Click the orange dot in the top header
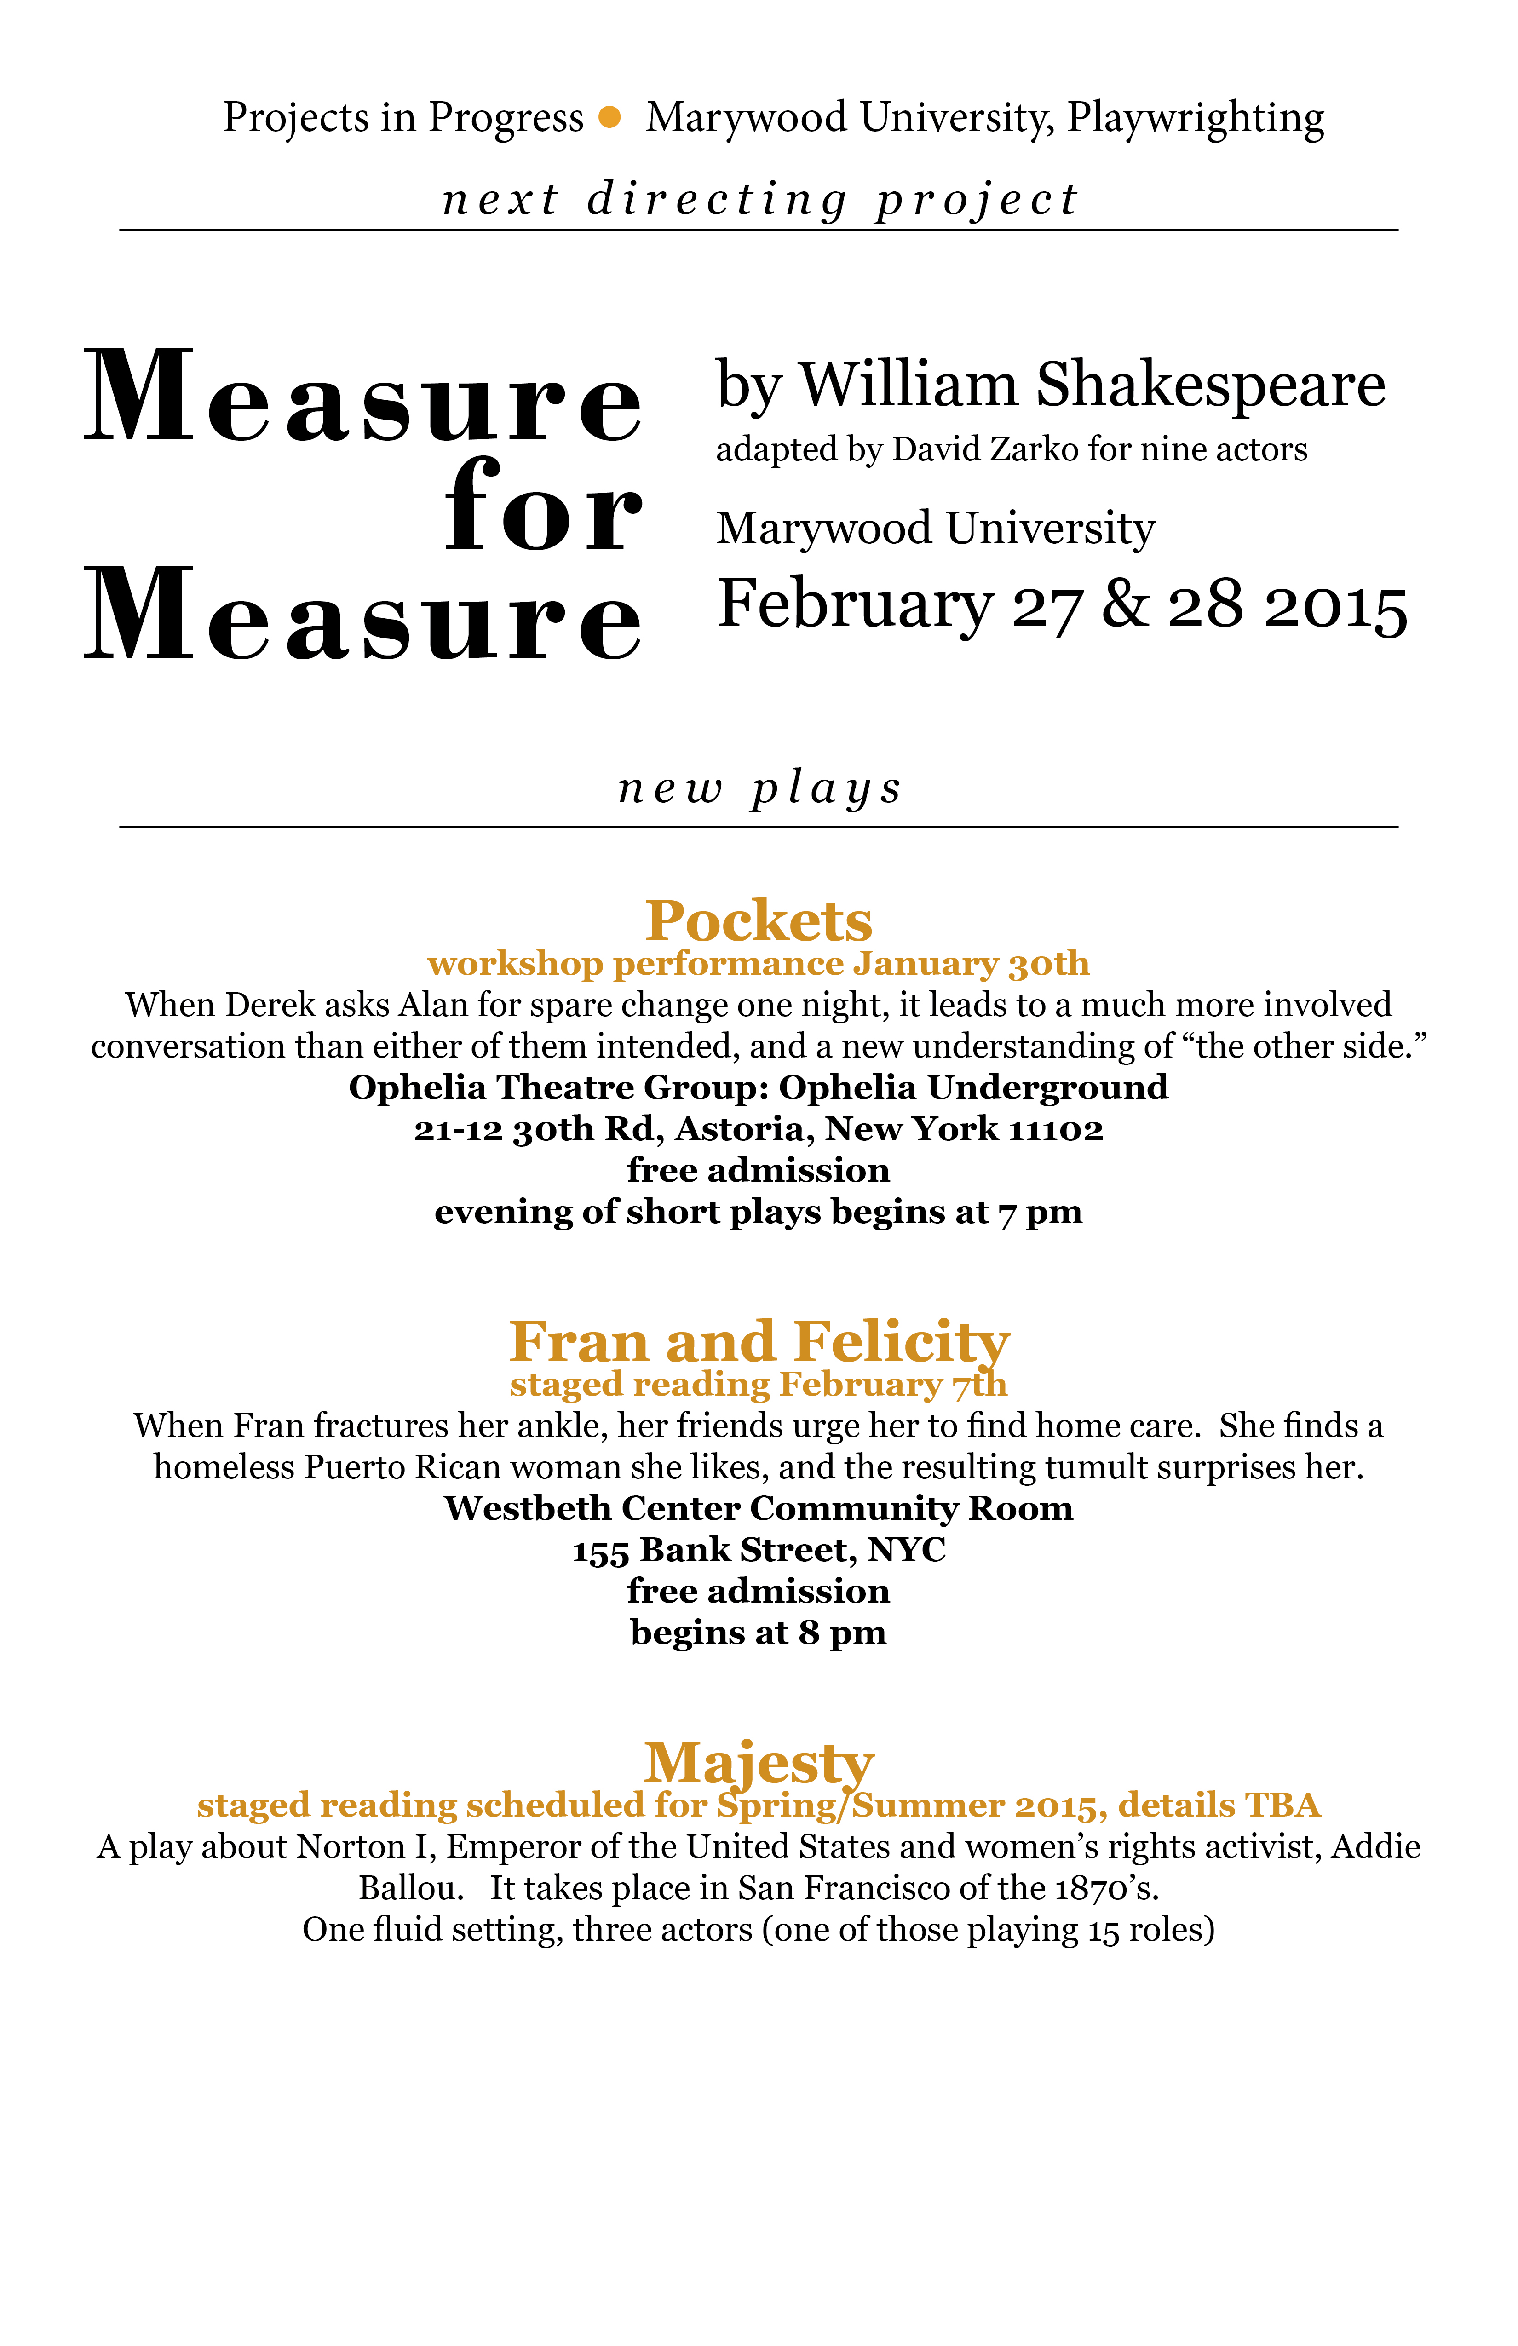610,117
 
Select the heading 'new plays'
759,788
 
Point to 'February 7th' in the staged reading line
893,1385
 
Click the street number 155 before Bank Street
601,1551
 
